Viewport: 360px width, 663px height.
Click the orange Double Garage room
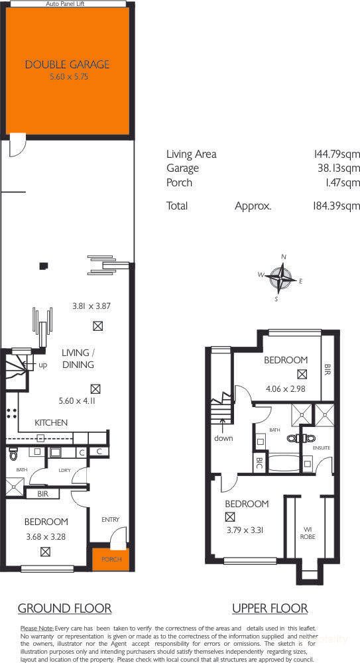pos(67,70)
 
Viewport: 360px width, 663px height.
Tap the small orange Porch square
pos(107,560)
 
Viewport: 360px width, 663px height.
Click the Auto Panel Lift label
pos(66,4)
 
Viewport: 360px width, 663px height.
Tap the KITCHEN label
pos(51,422)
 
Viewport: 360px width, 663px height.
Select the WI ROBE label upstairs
pos(308,532)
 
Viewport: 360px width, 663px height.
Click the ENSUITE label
pos(322,448)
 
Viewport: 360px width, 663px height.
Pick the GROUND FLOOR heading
pos(64,608)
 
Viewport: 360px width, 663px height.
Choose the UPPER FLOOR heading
pos(270,608)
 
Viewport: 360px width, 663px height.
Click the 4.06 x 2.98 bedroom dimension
pos(286,389)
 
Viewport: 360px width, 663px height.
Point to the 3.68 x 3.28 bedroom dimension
pos(46,537)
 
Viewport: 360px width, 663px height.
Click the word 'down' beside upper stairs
pos(223,439)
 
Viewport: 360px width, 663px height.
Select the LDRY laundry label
pos(64,470)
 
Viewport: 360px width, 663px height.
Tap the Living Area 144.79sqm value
pos(337,154)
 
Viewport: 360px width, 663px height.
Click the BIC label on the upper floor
pos(260,462)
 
